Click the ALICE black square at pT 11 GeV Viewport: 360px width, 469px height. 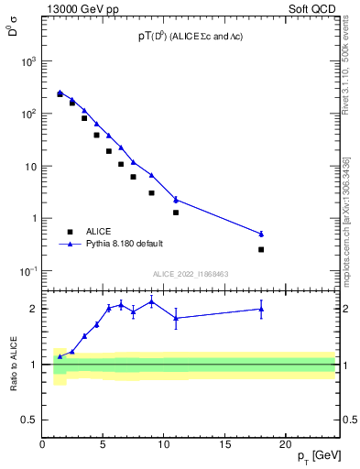176,213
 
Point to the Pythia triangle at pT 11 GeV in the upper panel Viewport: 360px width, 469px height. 176,199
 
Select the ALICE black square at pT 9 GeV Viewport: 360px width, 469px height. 151,192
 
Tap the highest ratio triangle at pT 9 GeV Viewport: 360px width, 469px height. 151,301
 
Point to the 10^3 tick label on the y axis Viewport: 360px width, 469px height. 27,61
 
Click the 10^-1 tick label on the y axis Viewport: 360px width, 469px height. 27,271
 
